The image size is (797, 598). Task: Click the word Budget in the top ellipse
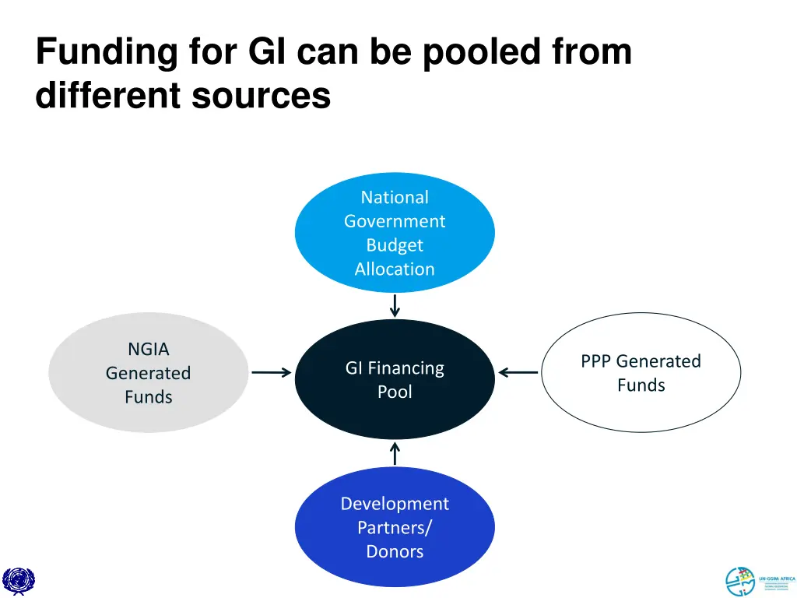395,245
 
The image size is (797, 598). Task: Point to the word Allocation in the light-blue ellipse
395,269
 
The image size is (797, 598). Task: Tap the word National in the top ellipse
395,198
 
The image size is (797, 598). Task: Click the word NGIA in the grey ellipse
148,350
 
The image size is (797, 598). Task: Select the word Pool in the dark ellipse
395,392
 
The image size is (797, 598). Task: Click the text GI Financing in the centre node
395,368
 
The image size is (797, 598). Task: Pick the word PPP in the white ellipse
597,361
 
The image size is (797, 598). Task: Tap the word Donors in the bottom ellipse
395,552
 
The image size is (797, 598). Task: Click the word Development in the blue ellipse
395,504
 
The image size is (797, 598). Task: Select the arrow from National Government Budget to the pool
395,305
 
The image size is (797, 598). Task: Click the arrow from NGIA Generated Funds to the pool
271,373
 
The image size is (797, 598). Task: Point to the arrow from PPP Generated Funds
518,373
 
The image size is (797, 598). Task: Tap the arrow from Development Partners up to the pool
395,453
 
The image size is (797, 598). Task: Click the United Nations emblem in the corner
19,580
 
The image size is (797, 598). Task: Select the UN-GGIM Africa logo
760,581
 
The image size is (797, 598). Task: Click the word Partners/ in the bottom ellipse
395,528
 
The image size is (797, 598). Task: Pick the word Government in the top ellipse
395,222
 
